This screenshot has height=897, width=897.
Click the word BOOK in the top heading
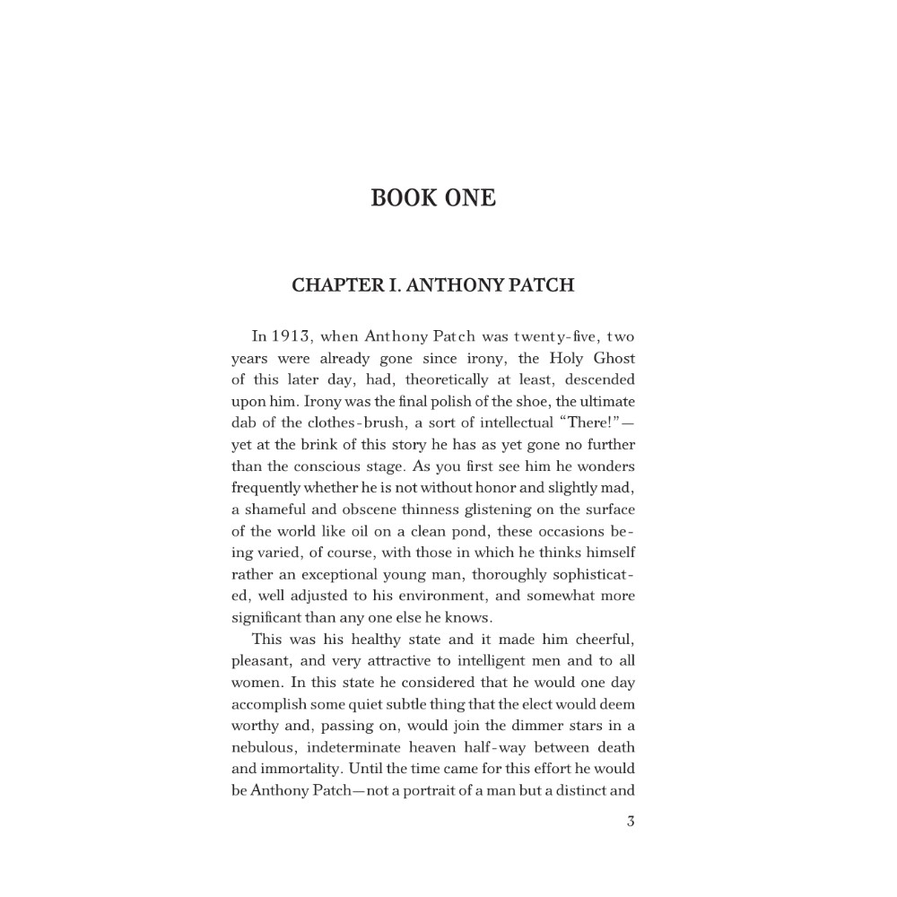click(x=399, y=197)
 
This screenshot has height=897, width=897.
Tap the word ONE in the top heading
click(x=467, y=197)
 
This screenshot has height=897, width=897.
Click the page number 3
click(x=631, y=822)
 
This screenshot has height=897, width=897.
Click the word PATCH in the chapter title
click(x=542, y=285)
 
